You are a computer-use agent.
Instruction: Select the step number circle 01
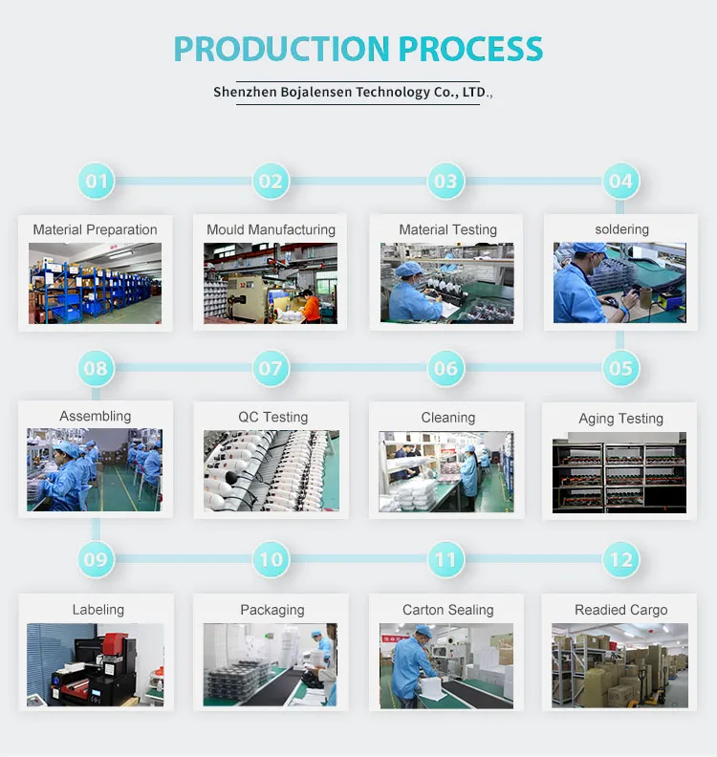pyautogui.click(x=97, y=181)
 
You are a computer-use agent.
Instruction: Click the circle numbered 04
pyautogui.click(x=620, y=181)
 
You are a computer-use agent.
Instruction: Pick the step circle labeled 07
pyautogui.click(x=272, y=368)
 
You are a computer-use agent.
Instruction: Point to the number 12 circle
pyautogui.click(x=620, y=559)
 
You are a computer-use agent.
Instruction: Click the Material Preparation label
pyautogui.click(x=95, y=229)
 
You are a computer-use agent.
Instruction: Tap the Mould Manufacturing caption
pyautogui.click(x=271, y=229)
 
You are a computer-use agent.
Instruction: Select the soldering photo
pyautogui.click(x=619, y=282)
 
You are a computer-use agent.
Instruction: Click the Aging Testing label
pyautogui.click(x=620, y=419)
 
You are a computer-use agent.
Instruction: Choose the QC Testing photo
pyautogui.click(x=272, y=470)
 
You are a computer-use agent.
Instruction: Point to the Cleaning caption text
pyautogui.click(x=447, y=418)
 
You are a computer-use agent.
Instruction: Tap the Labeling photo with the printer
pyautogui.click(x=95, y=665)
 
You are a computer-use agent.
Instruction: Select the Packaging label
pyautogui.click(x=272, y=610)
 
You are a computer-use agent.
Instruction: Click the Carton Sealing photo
pyautogui.click(x=446, y=665)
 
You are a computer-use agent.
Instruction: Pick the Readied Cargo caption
pyautogui.click(x=620, y=610)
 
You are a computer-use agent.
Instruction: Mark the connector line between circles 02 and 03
pyautogui.click(x=358, y=181)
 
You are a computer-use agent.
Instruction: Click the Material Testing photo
pyautogui.click(x=446, y=283)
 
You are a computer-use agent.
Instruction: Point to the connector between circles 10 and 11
pyautogui.click(x=358, y=559)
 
